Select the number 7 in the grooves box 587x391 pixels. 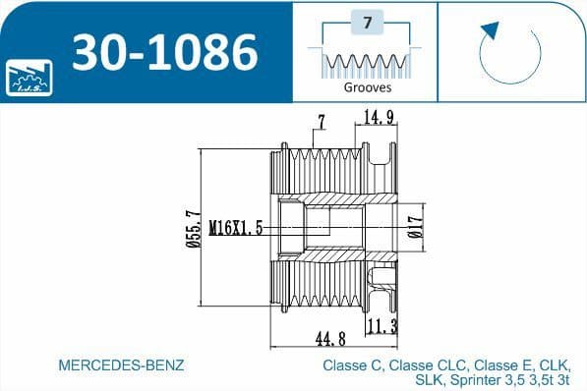[x=367, y=22]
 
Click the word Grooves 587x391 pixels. [x=367, y=86]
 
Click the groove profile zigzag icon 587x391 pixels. [x=366, y=63]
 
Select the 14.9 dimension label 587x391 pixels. [x=380, y=118]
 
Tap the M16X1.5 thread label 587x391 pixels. [x=235, y=228]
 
